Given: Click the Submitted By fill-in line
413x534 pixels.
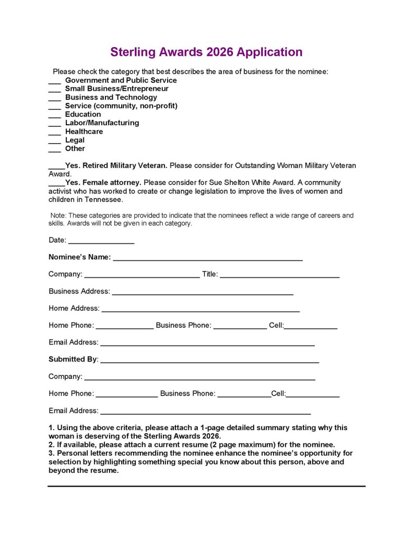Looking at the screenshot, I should [x=209, y=362].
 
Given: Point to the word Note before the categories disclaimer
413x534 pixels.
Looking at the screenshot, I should [x=57, y=216].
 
